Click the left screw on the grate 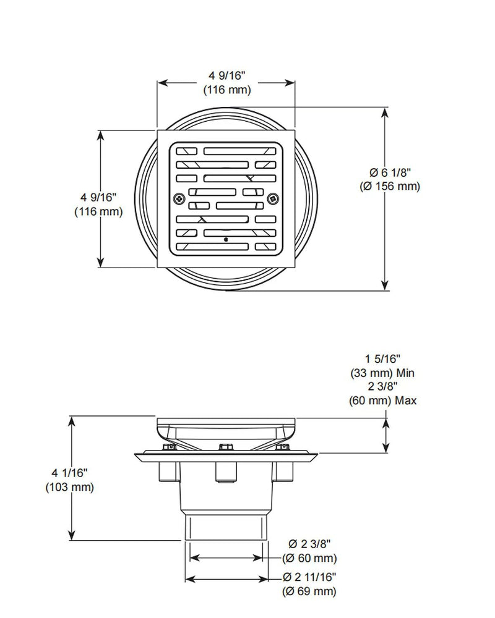(179, 198)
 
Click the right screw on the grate (273, 198)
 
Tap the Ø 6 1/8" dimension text (390, 172)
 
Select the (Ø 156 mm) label (390, 187)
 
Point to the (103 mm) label (69, 487)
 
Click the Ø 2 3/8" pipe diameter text (309, 544)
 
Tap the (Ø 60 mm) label (309, 558)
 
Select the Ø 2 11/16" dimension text (309, 577)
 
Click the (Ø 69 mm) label (309, 591)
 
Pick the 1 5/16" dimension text (382, 358)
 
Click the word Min (405, 373)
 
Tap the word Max (406, 401)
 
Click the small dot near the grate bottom (225, 239)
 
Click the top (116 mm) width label (227, 90)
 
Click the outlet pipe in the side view (225, 527)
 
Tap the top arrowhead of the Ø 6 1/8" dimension (385, 112)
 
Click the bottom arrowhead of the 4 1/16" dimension (71, 535)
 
